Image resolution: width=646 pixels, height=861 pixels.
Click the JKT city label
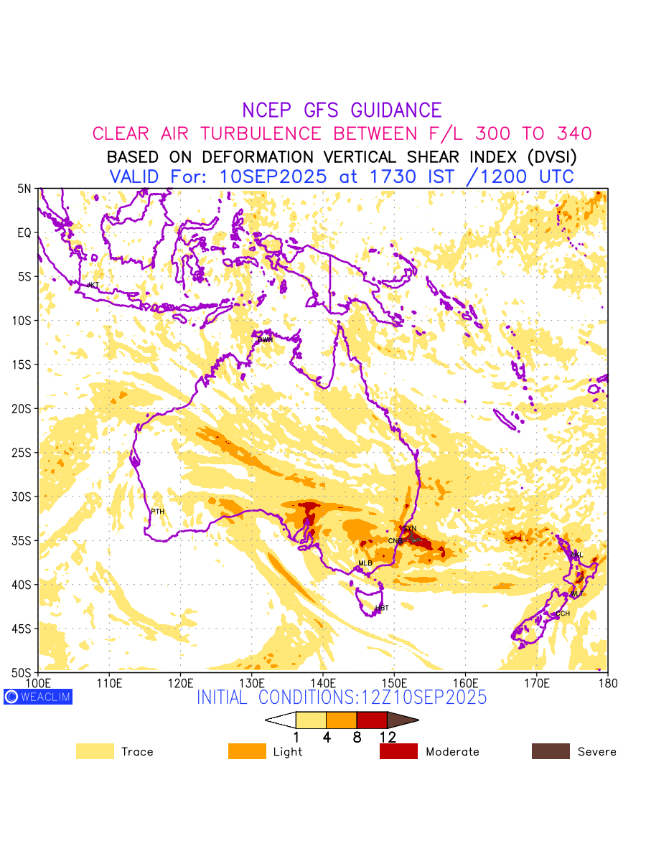point(93,286)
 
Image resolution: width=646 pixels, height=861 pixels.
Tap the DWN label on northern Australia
point(266,339)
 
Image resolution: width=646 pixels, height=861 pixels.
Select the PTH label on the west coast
point(158,512)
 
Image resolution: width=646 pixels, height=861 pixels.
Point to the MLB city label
point(365,563)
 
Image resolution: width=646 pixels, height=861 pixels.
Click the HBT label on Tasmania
point(382,608)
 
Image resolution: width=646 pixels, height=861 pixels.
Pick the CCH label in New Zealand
point(563,613)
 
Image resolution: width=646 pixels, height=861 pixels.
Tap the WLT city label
point(577,594)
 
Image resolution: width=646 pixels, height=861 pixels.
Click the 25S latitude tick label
point(24,453)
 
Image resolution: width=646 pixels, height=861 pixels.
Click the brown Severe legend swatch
point(551,751)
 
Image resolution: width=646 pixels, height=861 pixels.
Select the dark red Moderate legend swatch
point(398,751)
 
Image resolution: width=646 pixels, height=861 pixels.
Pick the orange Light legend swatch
point(247,751)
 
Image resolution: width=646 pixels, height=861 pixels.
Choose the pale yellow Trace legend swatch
point(95,751)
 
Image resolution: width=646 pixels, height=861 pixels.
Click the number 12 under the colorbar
point(388,737)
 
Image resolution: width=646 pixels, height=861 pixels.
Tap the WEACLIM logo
point(38,697)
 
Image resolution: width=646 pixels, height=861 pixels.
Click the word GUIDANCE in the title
point(395,110)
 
